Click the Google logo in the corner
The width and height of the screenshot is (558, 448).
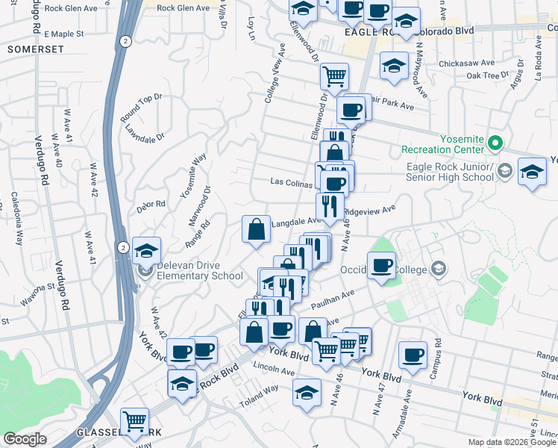pos(25,439)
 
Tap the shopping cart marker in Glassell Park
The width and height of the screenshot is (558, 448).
pos(134,421)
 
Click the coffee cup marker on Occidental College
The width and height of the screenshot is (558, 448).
pos(382,267)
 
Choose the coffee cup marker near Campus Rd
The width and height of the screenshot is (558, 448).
pos(413,355)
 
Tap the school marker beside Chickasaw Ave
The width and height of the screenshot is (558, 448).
pos(394,66)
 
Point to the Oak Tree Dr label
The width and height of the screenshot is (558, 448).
pos(482,75)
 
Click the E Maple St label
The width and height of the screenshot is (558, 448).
pos(64,34)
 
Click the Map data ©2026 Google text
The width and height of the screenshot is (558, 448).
pos(511,441)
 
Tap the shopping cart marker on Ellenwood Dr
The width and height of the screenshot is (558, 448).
pos(334,75)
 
